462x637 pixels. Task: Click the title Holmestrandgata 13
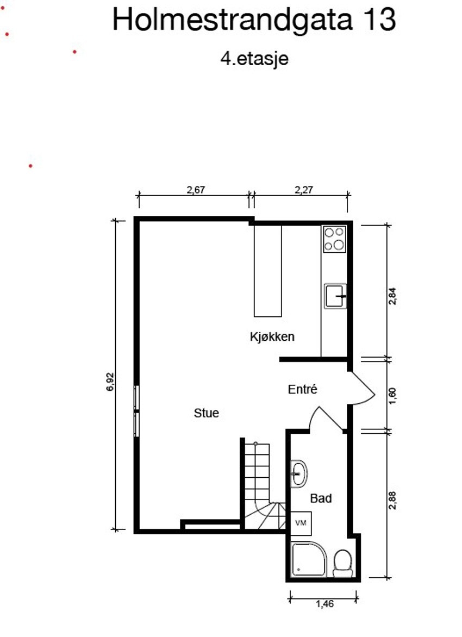click(x=254, y=20)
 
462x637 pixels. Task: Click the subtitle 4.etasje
click(x=254, y=59)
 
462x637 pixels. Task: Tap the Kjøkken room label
click(x=272, y=336)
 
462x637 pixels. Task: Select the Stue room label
click(x=207, y=413)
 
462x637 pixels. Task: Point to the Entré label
click(x=302, y=389)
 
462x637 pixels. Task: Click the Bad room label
click(x=321, y=498)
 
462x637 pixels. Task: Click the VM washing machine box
click(x=301, y=522)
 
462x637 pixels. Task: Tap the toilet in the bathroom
click(x=342, y=563)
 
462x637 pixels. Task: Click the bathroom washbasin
click(x=298, y=473)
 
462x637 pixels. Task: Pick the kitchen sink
click(x=335, y=296)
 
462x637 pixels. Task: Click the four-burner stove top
click(x=335, y=239)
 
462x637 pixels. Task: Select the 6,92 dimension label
click(x=111, y=382)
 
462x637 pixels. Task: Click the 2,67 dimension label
click(x=197, y=190)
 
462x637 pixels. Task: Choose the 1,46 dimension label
click(x=323, y=603)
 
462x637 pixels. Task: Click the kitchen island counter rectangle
click(x=268, y=271)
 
